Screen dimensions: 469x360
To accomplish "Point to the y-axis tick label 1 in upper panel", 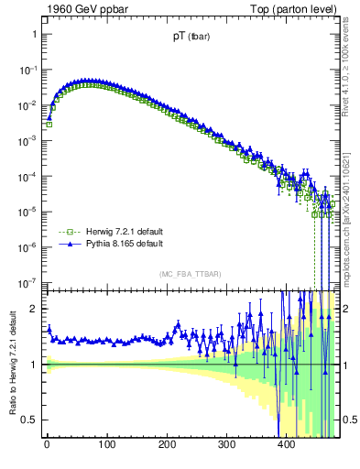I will click(33, 35).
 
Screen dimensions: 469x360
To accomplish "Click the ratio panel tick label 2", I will click(33, 309).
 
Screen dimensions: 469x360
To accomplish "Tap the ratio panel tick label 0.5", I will click(29, 420).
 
